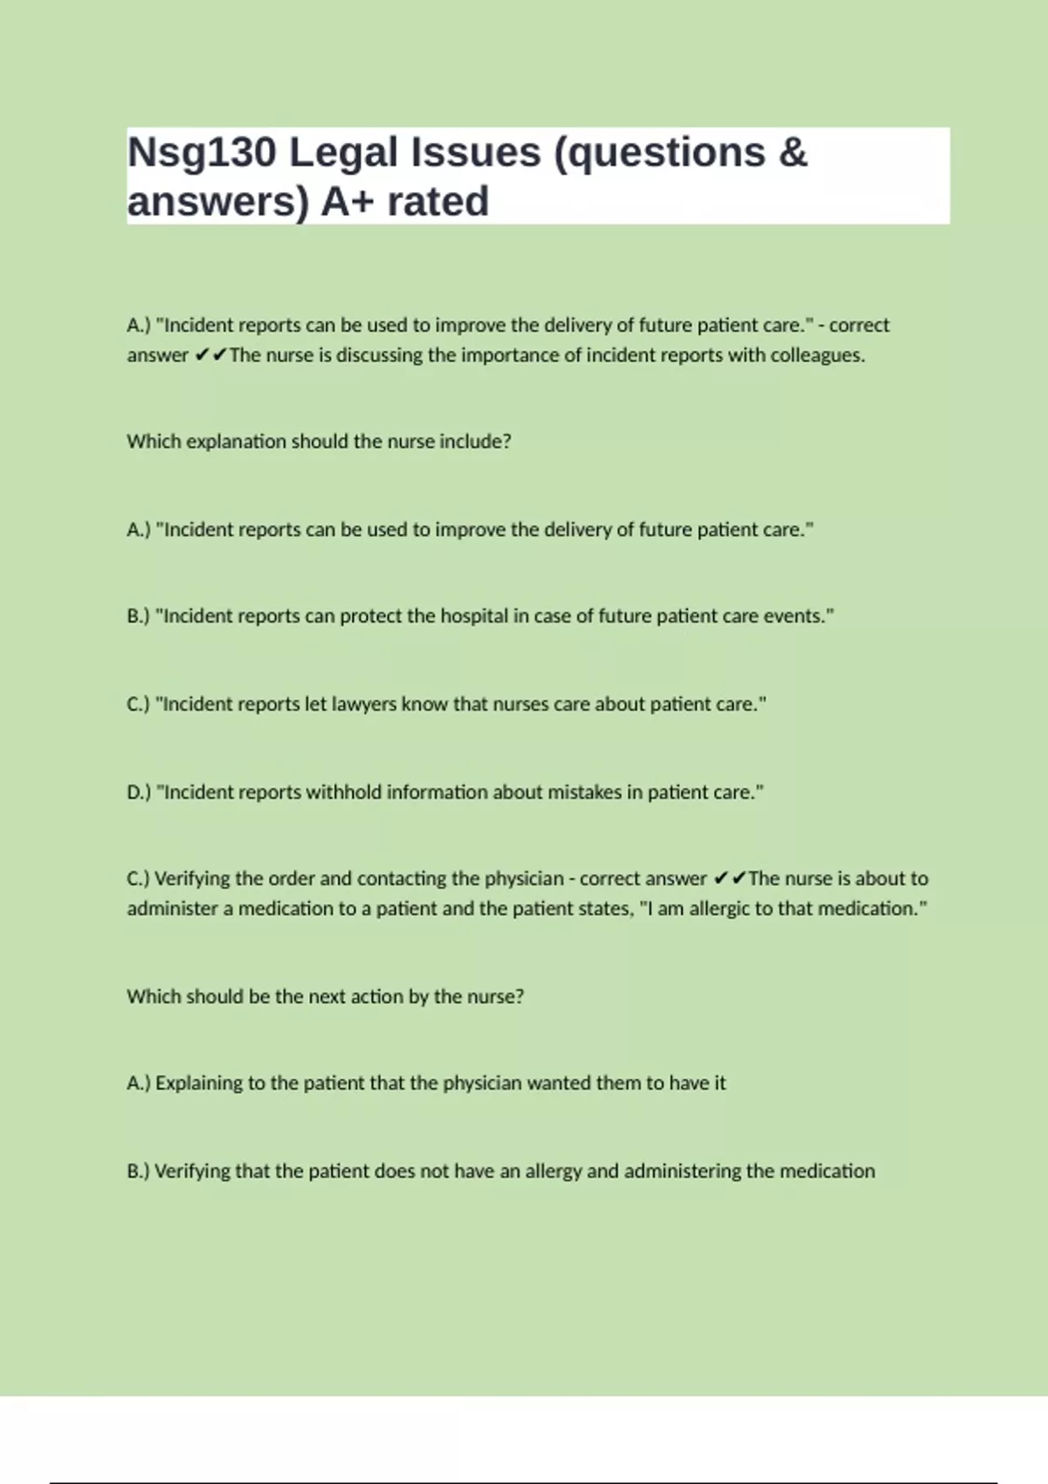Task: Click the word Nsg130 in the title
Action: click(202, 153)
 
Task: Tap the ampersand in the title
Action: click(792, 153)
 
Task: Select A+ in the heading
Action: click(348, 202)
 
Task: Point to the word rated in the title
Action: click(438, 202)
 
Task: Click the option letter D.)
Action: click(139, 793)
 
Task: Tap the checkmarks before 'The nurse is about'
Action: click(729, 878)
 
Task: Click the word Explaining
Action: click(199, 1083)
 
